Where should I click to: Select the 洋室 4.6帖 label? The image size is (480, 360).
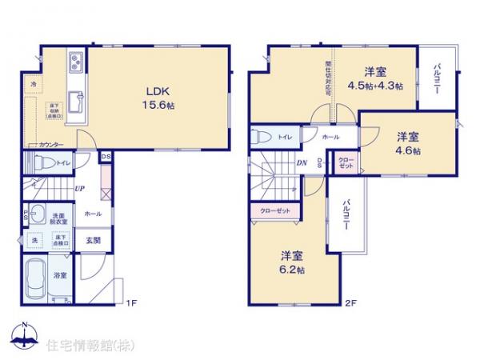click(x=407, y=144)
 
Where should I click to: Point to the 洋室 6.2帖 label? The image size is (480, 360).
click(x=292, y=262)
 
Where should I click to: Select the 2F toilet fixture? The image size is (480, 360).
click(x=262, y=137)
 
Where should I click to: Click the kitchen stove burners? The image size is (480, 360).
click(x=76, y=61)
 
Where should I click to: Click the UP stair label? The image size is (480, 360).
click(x=80, y=188)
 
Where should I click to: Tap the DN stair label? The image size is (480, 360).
click(x=302, y=164)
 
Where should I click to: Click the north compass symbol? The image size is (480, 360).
click(x=24, y=337)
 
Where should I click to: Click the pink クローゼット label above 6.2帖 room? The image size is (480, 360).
click(x=274, y=210)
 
